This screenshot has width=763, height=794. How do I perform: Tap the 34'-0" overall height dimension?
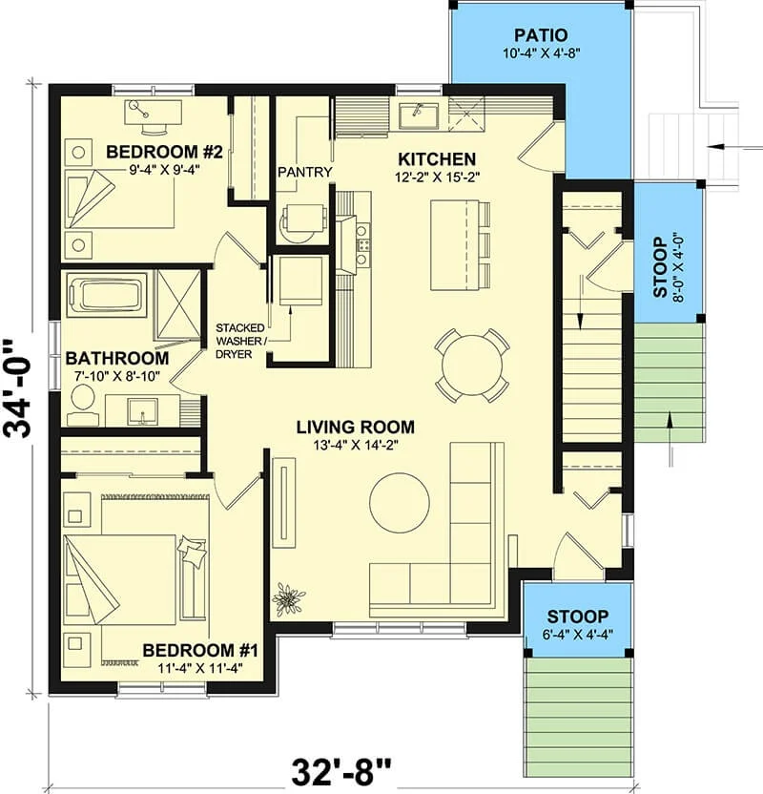coord(18,389)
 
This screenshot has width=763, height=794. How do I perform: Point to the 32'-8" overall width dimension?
coord(341,771)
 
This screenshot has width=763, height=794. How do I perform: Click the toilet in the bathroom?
coord(82,405)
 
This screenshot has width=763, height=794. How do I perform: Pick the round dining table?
coord(472,366)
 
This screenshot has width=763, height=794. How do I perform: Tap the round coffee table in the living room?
coord(400,502)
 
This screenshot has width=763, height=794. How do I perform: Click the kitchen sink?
coord(418,116)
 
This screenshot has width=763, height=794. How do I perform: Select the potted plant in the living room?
coord(288,598)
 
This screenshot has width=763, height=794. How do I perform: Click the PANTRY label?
coord(305,172)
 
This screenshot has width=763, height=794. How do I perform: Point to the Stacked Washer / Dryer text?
coord(240,342)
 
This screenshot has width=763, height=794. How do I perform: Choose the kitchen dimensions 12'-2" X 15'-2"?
coord(437,177)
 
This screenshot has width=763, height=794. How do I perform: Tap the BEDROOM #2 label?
coord(164,152)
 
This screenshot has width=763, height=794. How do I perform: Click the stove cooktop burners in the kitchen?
coord(362,245)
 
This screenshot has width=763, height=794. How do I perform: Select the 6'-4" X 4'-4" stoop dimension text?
coord(577,635)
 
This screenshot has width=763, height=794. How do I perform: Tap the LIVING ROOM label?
coord(355,427)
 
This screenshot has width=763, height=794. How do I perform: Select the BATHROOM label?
coord(117,358)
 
